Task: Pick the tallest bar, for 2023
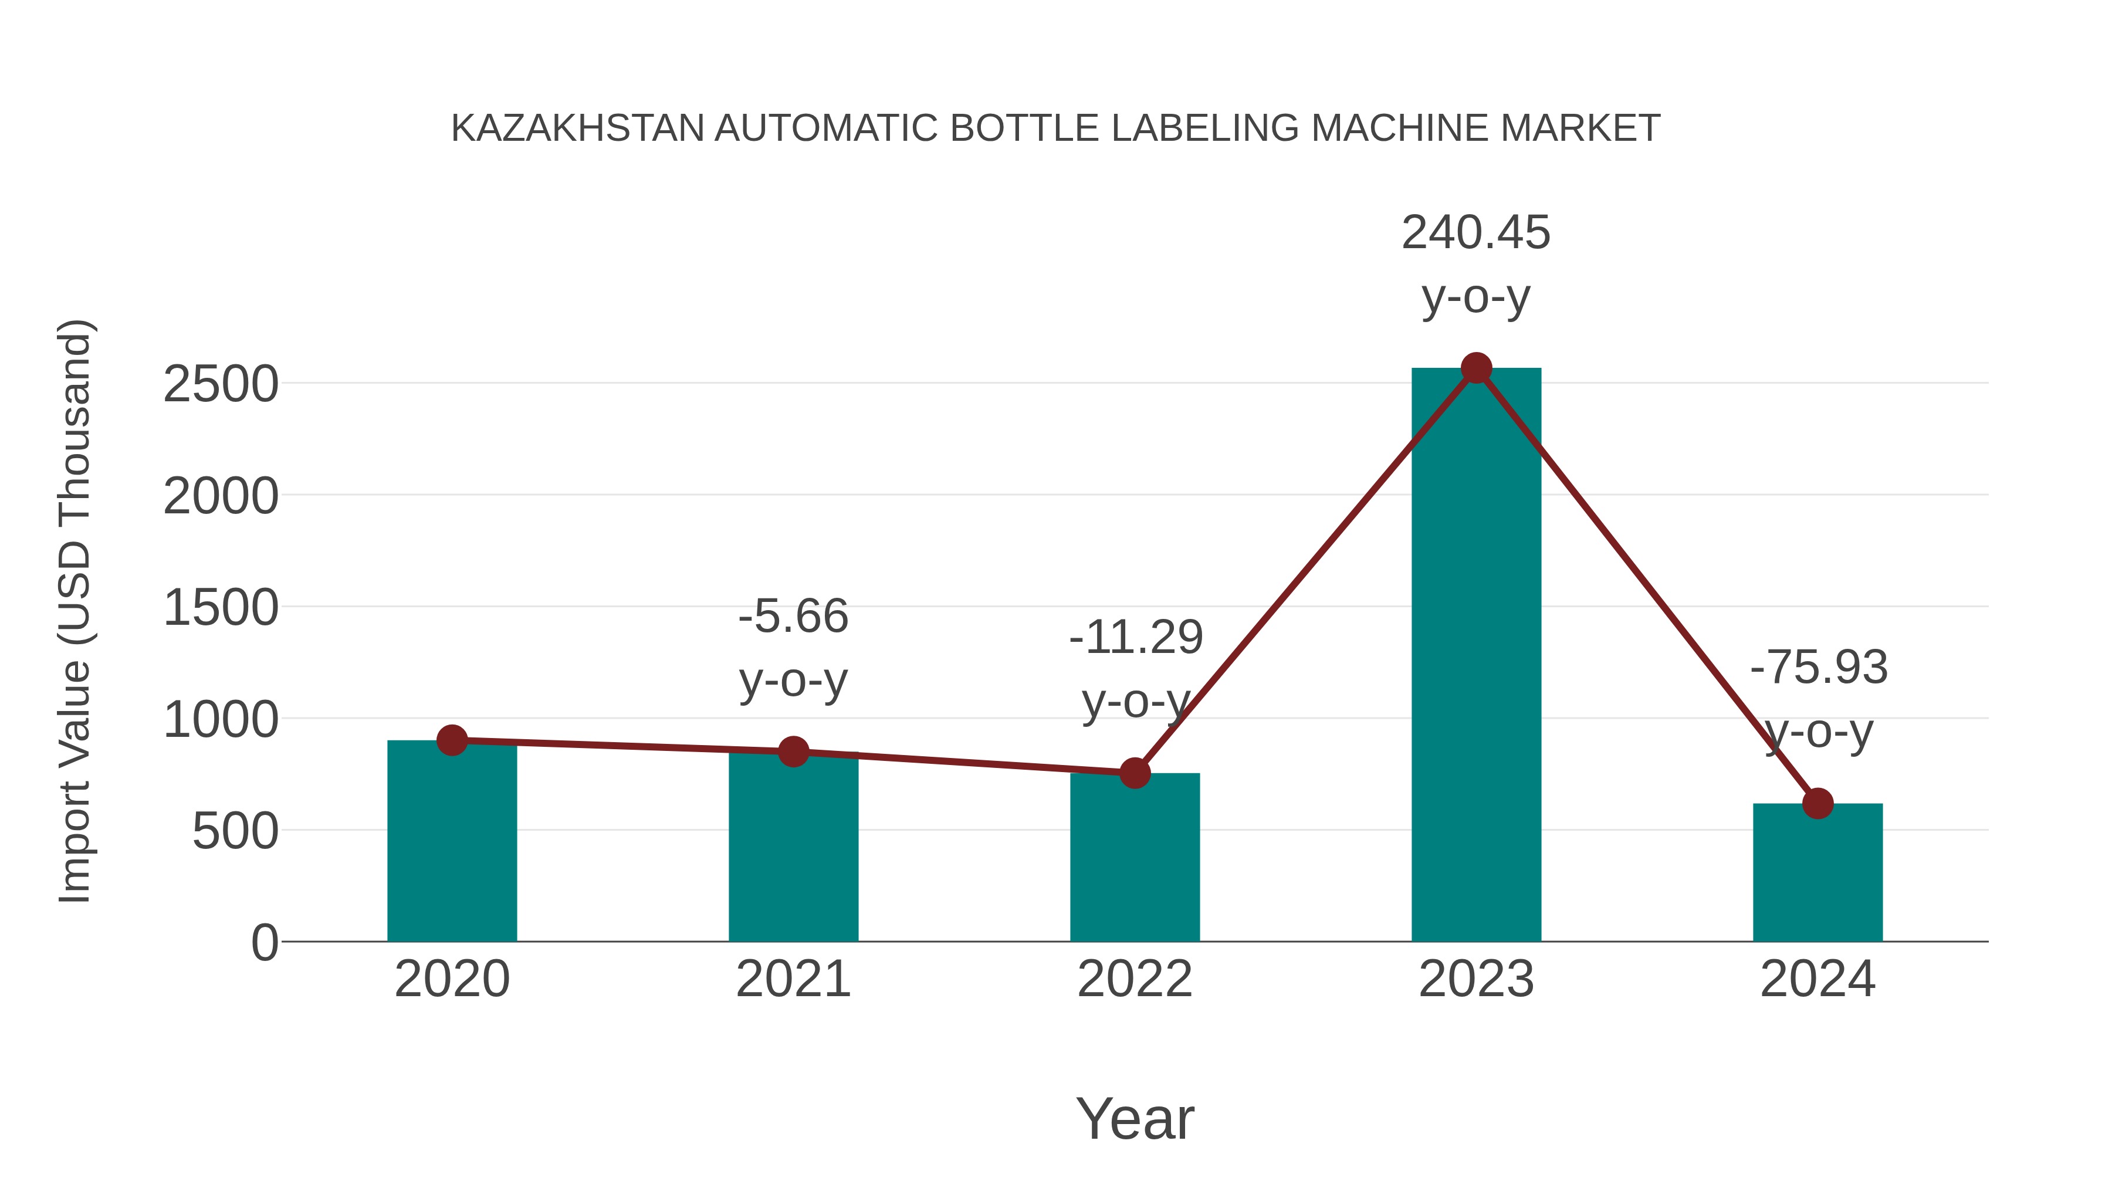1476,656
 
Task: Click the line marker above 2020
452,740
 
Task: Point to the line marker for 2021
793,751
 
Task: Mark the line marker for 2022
1134,772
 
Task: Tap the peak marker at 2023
1476,368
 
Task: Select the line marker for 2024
1817,804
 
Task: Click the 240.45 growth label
1476,233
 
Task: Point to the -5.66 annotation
793,617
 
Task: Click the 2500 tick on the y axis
221,384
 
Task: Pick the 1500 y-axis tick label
221,608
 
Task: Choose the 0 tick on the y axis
264,943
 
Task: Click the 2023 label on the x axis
1476,979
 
